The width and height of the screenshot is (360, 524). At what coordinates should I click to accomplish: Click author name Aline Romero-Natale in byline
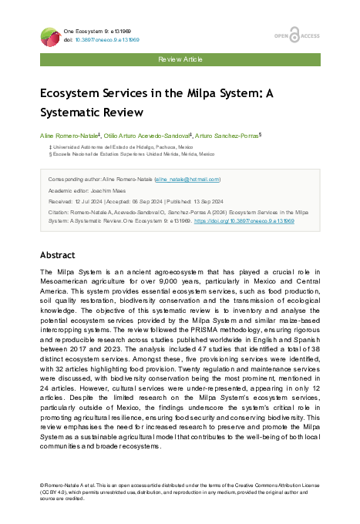(x=69, y=134)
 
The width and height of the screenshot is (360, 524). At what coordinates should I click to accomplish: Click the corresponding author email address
(x=188, y=179)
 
